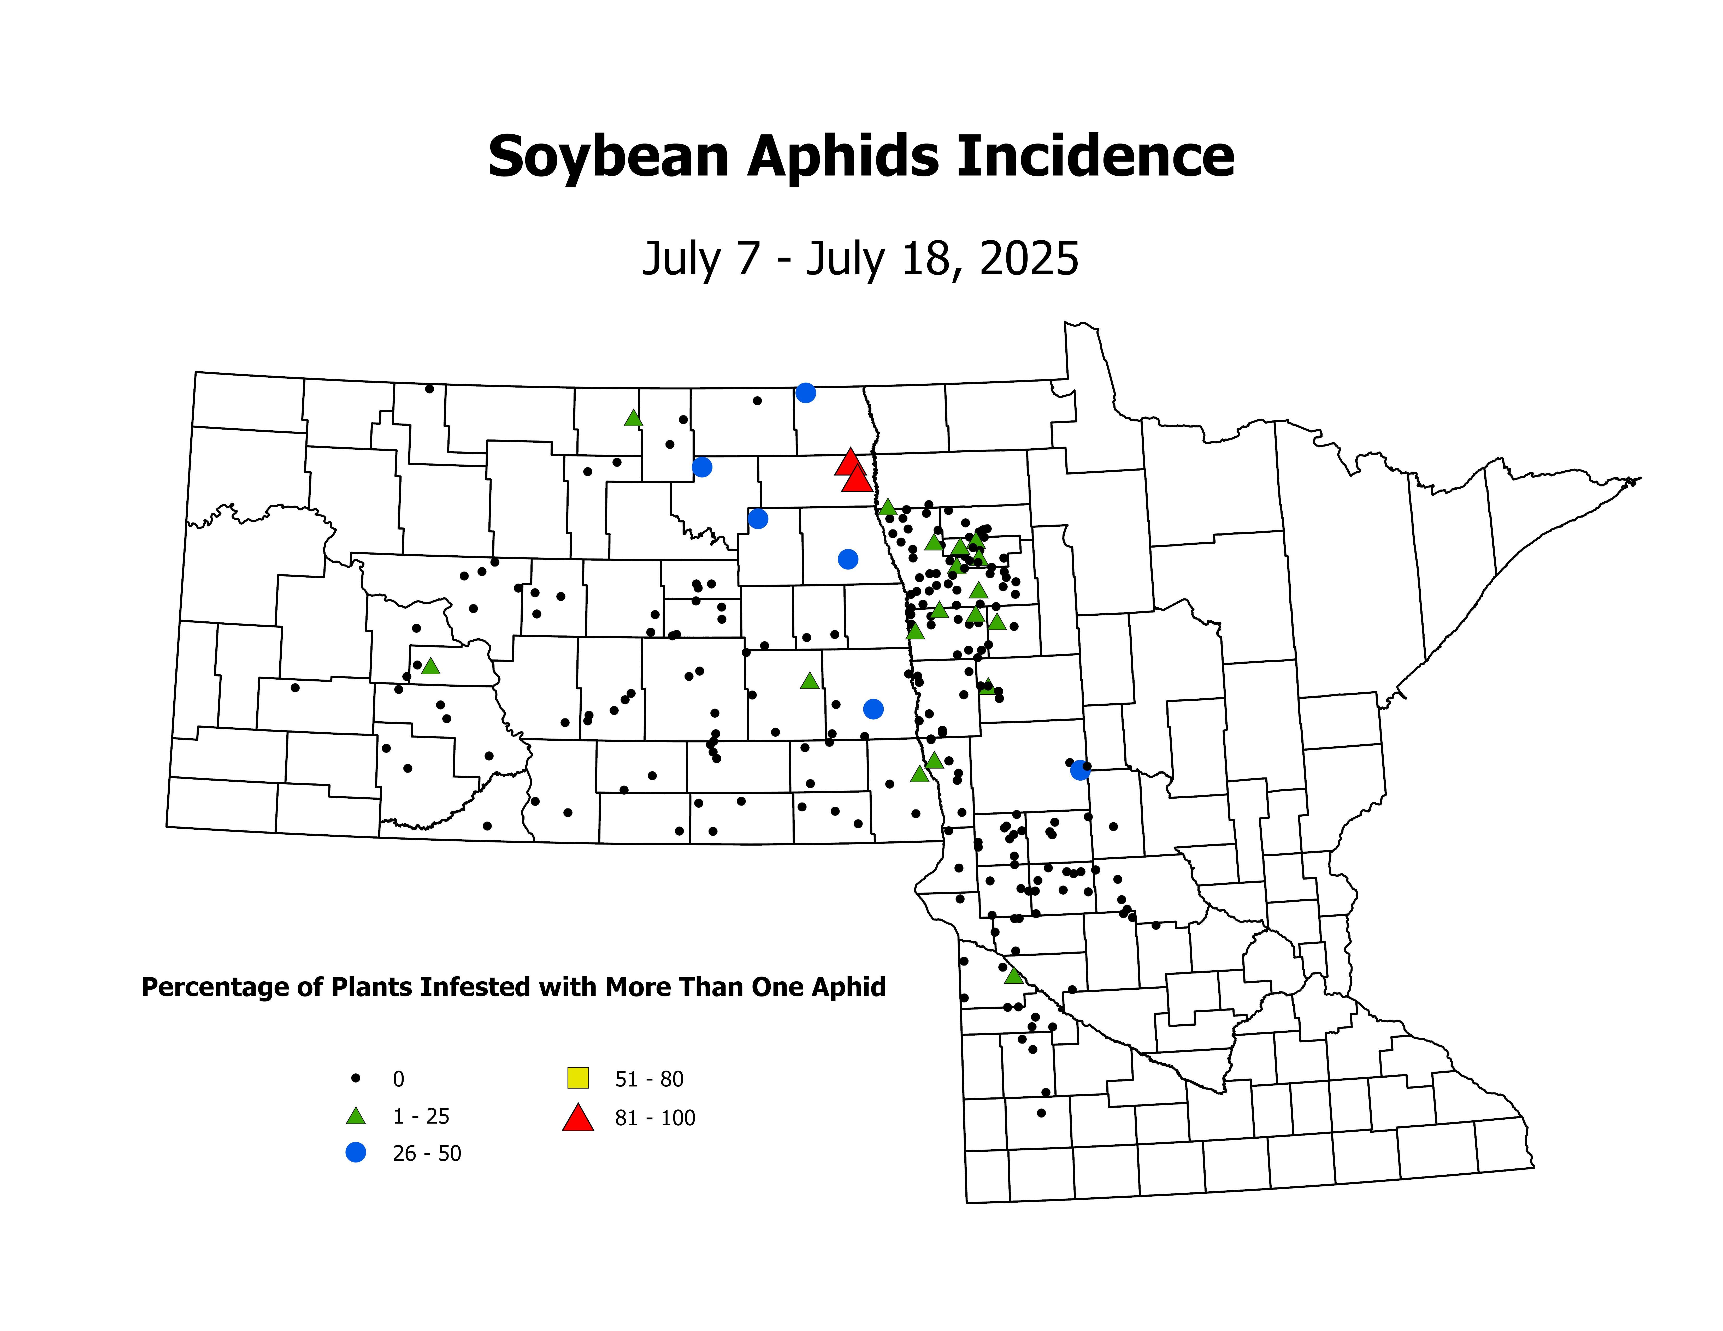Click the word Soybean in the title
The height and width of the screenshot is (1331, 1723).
[x=607, y=157]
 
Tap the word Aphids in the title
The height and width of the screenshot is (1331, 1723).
[x=842, y=157]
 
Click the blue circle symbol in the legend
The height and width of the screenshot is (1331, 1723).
[x=356, y=1153]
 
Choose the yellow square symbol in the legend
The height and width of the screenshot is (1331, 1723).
[x=578, y=1077]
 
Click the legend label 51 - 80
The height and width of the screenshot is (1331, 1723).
[x=649, y=1079]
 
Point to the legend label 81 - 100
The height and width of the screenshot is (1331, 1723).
[x=655, y=1118]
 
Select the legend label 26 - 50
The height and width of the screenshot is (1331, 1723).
[x=427, y=1154]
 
